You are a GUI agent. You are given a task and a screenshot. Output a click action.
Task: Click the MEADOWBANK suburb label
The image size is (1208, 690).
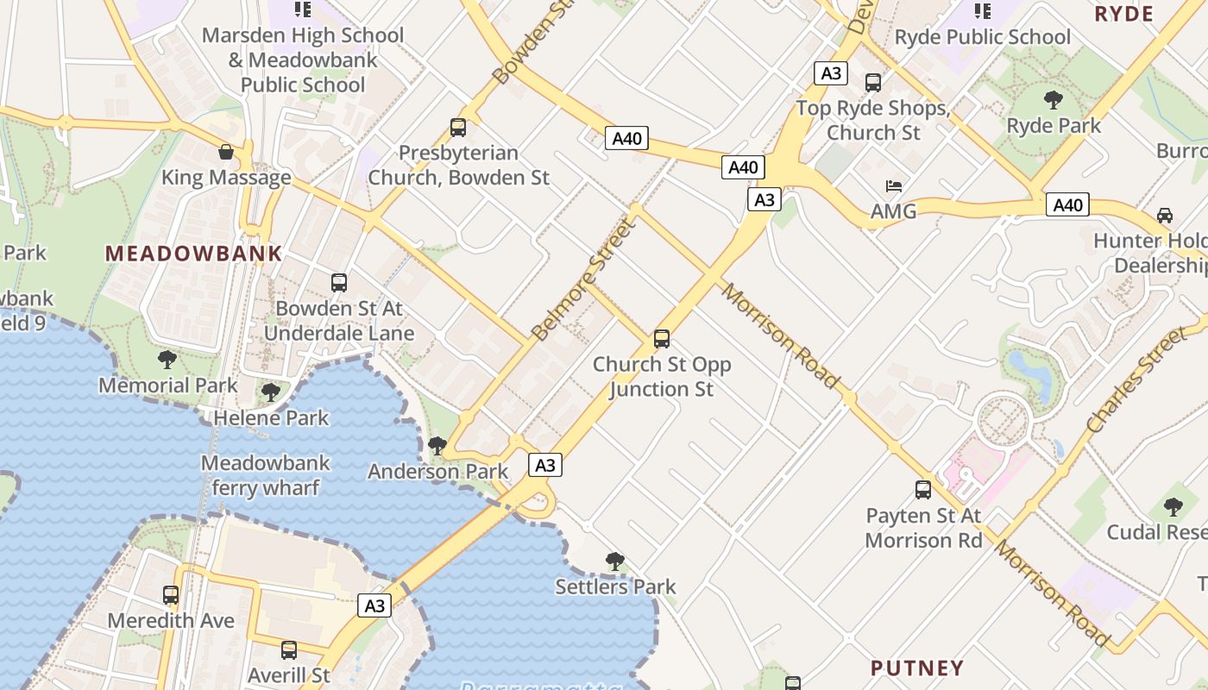click(193, 254)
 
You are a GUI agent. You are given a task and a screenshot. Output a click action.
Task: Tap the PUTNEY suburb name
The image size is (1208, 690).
click(917, 668)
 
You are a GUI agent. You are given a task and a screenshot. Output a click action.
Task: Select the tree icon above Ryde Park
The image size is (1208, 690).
click(1053, 100)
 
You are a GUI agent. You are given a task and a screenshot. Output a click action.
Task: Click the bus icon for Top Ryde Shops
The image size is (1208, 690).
click(873, 83)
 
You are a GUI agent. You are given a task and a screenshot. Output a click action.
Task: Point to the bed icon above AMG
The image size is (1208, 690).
click(894, 186)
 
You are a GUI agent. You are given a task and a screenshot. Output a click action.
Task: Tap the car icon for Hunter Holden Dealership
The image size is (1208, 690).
click(1165, 215)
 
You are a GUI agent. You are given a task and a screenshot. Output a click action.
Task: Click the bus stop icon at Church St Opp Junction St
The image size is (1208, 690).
click(662, 339)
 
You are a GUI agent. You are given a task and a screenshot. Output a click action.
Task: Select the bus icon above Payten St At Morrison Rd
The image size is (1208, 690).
click(923, 490)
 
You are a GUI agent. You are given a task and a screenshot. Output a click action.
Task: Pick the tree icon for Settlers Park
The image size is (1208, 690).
click(615, 561)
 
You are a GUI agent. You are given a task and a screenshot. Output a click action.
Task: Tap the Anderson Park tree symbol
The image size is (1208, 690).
click(437, 446)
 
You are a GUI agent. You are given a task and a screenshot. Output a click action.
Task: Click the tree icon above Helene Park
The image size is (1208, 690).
click(271, 392)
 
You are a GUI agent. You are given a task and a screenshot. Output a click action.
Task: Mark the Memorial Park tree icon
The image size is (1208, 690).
click(167, 360)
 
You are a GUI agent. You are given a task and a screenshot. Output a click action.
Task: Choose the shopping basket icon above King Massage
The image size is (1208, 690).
click(226, 153)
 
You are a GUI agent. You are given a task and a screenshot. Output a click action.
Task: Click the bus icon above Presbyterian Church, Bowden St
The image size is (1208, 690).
click(458, 128)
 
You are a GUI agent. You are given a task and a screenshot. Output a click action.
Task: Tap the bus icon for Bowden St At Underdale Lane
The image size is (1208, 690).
click(339, 283)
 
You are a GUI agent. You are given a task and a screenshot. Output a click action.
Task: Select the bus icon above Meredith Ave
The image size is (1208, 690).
click(171, 595)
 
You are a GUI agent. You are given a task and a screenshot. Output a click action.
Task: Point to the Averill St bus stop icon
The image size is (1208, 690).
click(289, 649)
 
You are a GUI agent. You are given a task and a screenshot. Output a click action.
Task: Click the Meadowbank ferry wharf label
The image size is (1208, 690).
click(265, 475)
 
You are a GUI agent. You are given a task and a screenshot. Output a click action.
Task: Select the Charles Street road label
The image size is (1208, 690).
click(1136, 380)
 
